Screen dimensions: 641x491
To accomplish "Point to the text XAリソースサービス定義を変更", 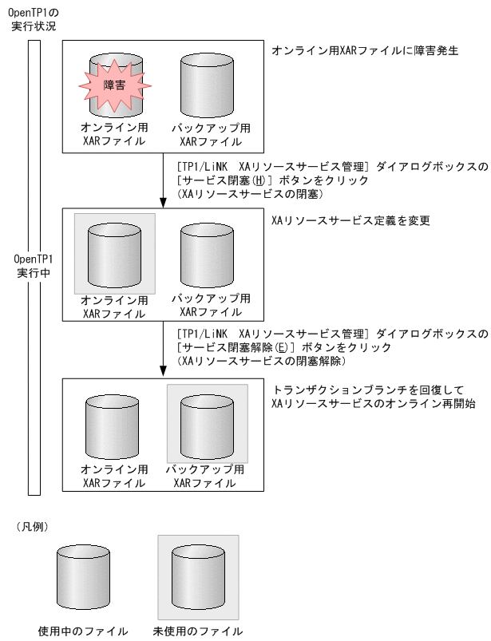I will click(x=351, y=220).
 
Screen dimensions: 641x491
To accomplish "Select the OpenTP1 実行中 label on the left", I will click(x=33, y=267).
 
